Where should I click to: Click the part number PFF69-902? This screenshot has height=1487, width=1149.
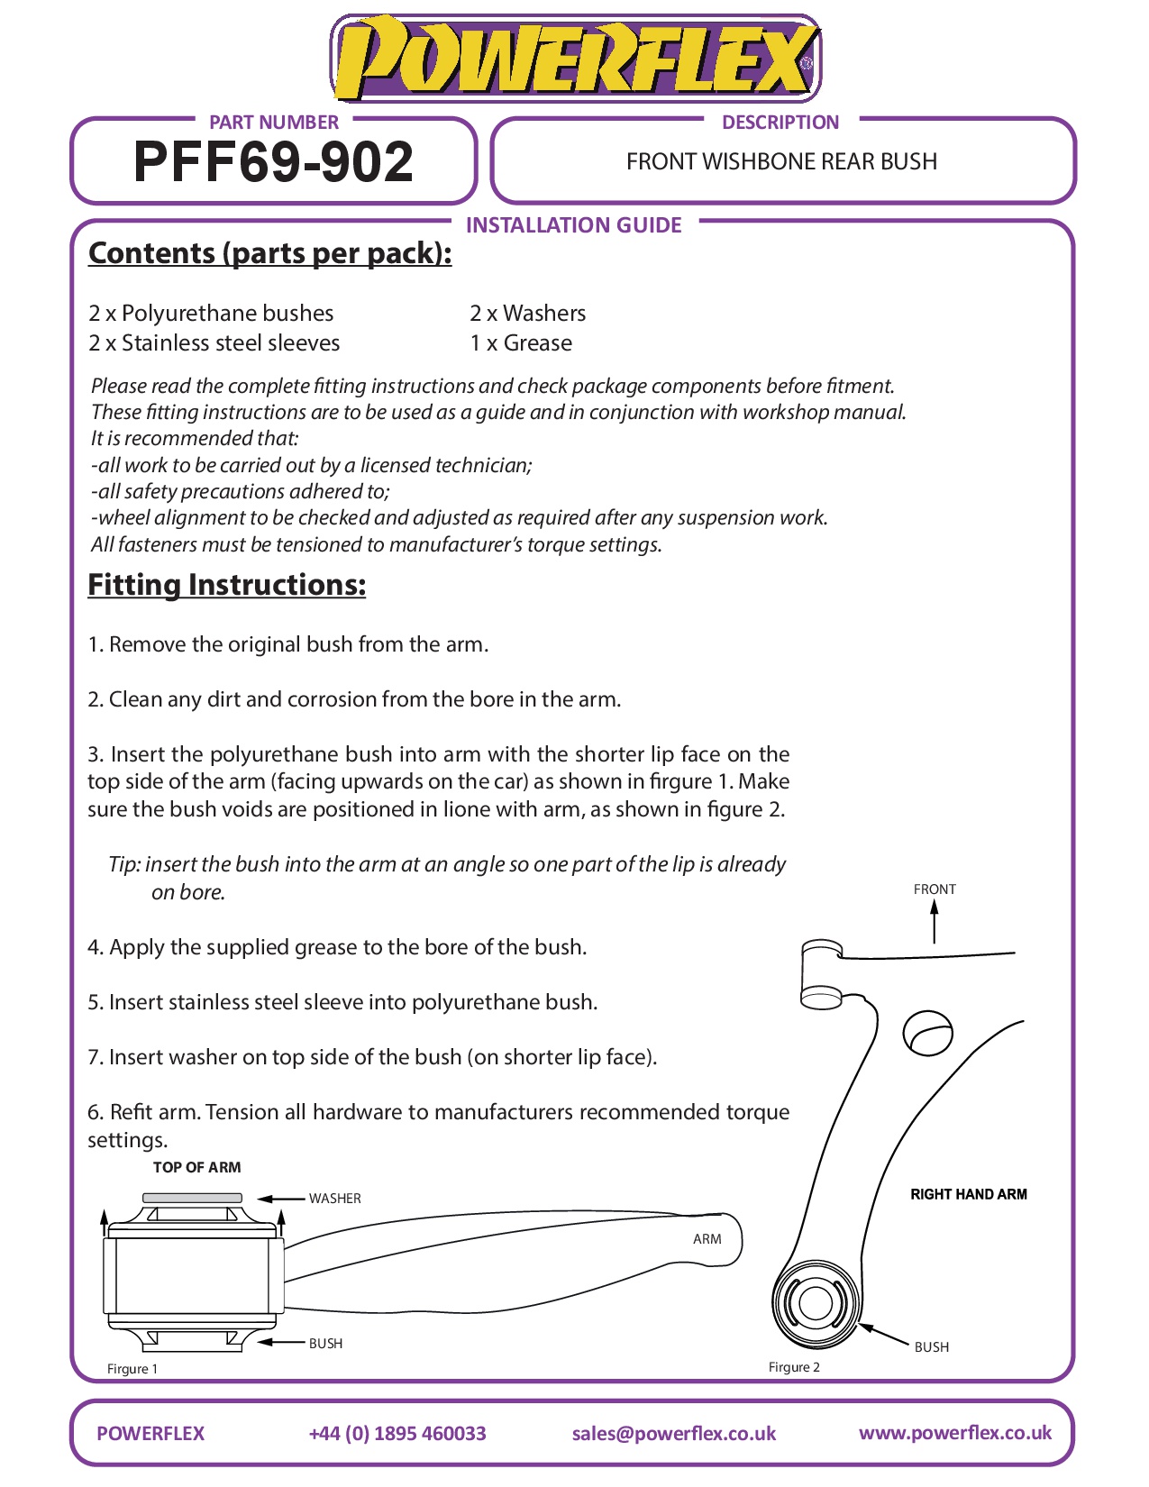273,162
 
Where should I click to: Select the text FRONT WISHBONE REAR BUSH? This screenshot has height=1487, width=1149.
781,162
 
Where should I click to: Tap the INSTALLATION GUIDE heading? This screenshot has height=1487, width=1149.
573,225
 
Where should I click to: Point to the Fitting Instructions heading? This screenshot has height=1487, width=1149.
226,585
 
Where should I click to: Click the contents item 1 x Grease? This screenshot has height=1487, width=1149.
521,343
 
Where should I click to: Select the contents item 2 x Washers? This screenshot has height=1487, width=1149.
527,314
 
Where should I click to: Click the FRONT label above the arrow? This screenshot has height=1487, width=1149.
935,889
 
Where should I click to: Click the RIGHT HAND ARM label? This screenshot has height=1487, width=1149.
969,1194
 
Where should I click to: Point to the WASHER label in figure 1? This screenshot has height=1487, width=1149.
334,1199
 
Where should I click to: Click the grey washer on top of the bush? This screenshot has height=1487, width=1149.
192,1198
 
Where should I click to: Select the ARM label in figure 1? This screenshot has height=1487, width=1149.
707,1239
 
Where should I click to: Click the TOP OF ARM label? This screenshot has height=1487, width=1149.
196,1168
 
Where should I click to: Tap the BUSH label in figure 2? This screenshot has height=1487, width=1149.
932,1347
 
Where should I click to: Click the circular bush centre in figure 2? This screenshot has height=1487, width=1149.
816,1303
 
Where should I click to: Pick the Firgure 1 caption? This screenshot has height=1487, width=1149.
132,1369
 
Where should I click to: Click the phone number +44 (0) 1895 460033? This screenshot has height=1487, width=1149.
397,1434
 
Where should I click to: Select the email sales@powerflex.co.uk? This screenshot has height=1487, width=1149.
673,1434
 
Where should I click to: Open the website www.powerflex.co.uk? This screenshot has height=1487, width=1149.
954,1433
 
